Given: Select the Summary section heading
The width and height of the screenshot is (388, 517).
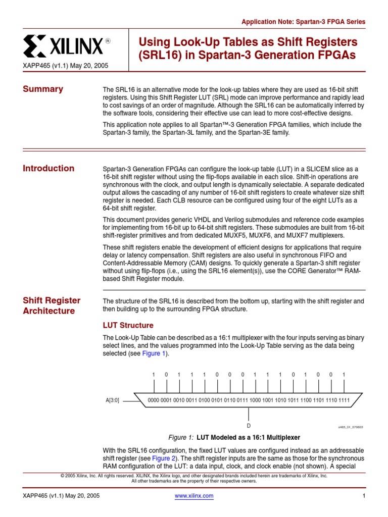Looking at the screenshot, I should pyautogui.click(x=43, y=89).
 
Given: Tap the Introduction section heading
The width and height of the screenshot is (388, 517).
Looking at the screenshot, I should pyautogui.click(x=48, y=169).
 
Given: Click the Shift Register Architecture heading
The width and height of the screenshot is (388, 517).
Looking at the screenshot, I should pyautogui.click(x=52, y=306).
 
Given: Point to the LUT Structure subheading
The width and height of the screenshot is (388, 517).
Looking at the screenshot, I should pyautogui.click(x=128, y=325).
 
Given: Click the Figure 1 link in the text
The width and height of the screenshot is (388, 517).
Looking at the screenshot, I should pyautogui.click(x=154, y=353).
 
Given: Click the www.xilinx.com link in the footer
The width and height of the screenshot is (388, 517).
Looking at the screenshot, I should pyautogui.click(x=194, y=496).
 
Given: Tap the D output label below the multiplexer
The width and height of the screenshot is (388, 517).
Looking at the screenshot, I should pyautogui.click(x=249, y=426).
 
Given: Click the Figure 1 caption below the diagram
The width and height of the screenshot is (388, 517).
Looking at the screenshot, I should pyautogui.click(x=234, y=437).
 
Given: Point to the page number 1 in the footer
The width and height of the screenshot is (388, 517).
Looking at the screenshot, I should pyautogui.click(x=363, y=496).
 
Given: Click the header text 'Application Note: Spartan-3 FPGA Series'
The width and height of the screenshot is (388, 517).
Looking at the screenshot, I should pyautogui.click(x=303, y=22).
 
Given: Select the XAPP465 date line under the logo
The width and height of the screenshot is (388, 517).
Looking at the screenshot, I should pyautogui.click(x=65, y=66).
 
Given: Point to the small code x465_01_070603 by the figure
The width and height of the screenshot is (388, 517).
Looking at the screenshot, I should pyautogui.click(x=351, y=427).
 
